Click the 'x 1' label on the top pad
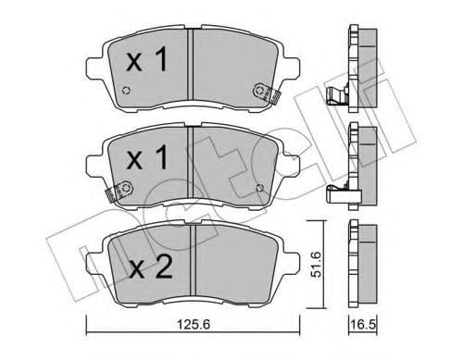tap(146, 62)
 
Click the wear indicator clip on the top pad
tap(264, 92)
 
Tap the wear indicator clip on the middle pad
tap(114, 193)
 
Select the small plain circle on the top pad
tap(127, 92)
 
